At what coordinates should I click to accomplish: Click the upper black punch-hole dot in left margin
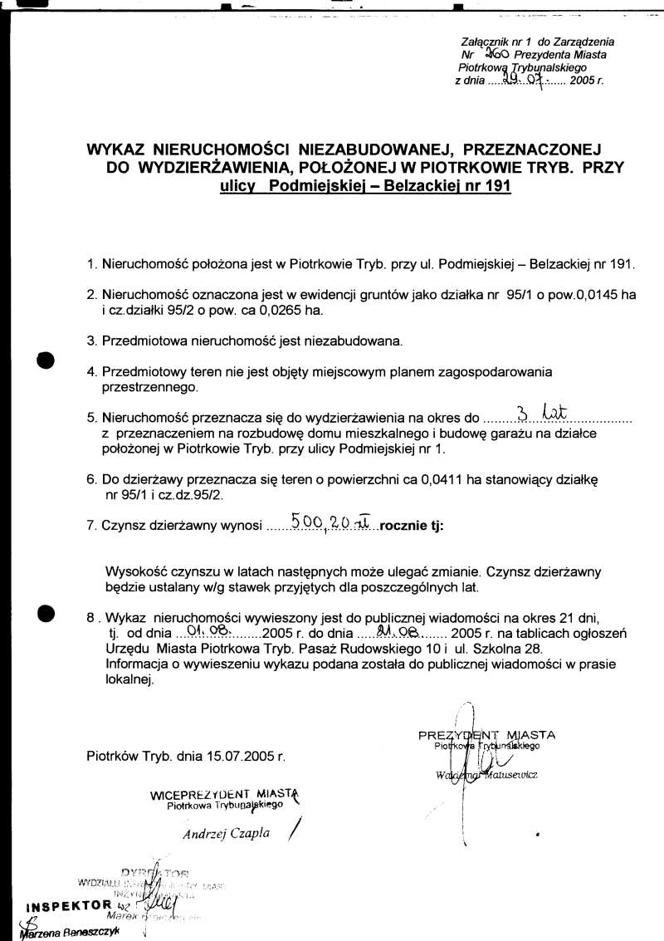tap(46, 360)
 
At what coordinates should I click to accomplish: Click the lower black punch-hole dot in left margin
tap(46, 613)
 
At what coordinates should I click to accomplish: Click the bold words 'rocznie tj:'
tap(413, 526)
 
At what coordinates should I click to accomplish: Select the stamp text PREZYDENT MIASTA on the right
tap(486, 735)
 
